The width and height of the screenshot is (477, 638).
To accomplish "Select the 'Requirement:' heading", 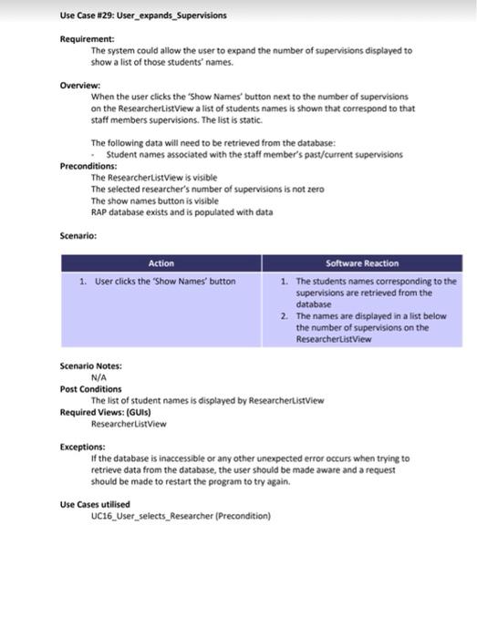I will tap(87, 39).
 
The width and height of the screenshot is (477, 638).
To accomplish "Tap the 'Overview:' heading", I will tap(80, 84).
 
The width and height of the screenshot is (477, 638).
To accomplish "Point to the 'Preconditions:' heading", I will tap(88, 166).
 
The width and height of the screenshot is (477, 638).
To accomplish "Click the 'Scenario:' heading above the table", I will tap(78, 235).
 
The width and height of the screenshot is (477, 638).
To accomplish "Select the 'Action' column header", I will tap(161, 263).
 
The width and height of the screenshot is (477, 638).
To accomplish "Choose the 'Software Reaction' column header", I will tap(362, 263).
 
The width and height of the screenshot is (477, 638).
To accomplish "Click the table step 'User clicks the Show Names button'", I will tap(165, 282).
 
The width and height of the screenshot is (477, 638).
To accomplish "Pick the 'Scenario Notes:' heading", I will tap(90, 365).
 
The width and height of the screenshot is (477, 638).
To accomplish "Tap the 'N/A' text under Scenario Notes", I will tap(99, 377).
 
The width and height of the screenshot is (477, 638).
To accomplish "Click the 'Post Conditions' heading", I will tap(90, 389).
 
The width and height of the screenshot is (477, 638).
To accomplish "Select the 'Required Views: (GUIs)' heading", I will tap(105, 412).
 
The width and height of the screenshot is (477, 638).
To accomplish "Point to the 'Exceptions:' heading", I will tap(83, 447).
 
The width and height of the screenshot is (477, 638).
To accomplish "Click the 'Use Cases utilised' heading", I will tap(95, 504).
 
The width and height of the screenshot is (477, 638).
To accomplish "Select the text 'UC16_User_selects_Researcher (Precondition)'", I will tap(181, 516).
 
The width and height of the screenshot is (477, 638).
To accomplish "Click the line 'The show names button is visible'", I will tap(154, 201).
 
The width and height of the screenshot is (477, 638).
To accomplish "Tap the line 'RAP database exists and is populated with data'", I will tap(181, 211).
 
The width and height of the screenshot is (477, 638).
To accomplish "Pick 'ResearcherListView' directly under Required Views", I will tap(129, 424).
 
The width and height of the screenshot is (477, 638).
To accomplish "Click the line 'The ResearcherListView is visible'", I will tap(154, 178).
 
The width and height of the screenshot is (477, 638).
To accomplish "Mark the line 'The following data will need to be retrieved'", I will tap(213, 143).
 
